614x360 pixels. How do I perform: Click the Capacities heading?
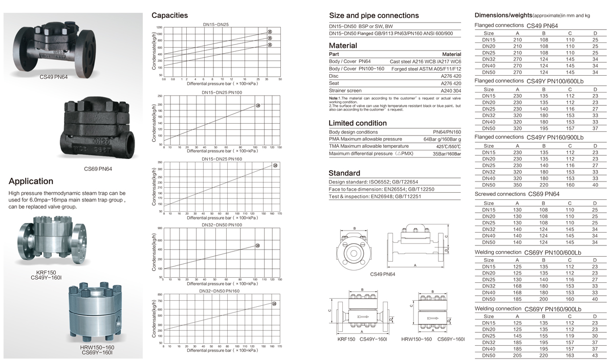169,15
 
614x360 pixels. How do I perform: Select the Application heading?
31,181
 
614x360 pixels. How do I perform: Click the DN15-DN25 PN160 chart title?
222,159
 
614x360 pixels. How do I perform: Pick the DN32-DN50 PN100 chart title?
222,224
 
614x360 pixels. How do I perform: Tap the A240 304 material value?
451,91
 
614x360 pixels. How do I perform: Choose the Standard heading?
344,173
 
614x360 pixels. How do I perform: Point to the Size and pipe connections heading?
374,15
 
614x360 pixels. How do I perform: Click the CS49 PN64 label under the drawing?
382,274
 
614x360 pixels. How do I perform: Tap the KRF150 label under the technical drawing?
346,339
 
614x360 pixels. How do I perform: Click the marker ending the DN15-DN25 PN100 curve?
258,105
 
